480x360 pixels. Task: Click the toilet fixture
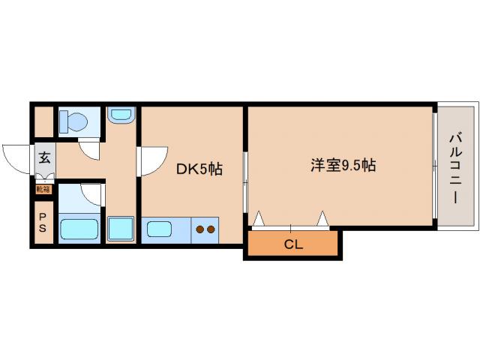tap(73, 120)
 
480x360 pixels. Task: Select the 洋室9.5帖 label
tap(343, 165)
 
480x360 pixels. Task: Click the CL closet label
tap(293, 244)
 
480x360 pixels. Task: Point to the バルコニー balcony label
tap(454, 166)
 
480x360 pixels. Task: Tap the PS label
tap(43, 223)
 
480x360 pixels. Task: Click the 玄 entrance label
tap(44, 158)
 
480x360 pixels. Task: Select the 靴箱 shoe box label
tap(43, 189)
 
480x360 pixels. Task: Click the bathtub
tap(79, 229)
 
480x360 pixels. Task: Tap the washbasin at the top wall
tap(120, 115)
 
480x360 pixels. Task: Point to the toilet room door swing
tap(91, 150)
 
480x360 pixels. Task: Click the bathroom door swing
tap(93, 194)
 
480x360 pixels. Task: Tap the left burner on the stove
tap(200, 229)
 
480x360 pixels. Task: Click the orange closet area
tap(293, 244)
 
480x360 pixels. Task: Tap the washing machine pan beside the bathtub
tap(119, 228)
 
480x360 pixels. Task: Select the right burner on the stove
tap(211, 229)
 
